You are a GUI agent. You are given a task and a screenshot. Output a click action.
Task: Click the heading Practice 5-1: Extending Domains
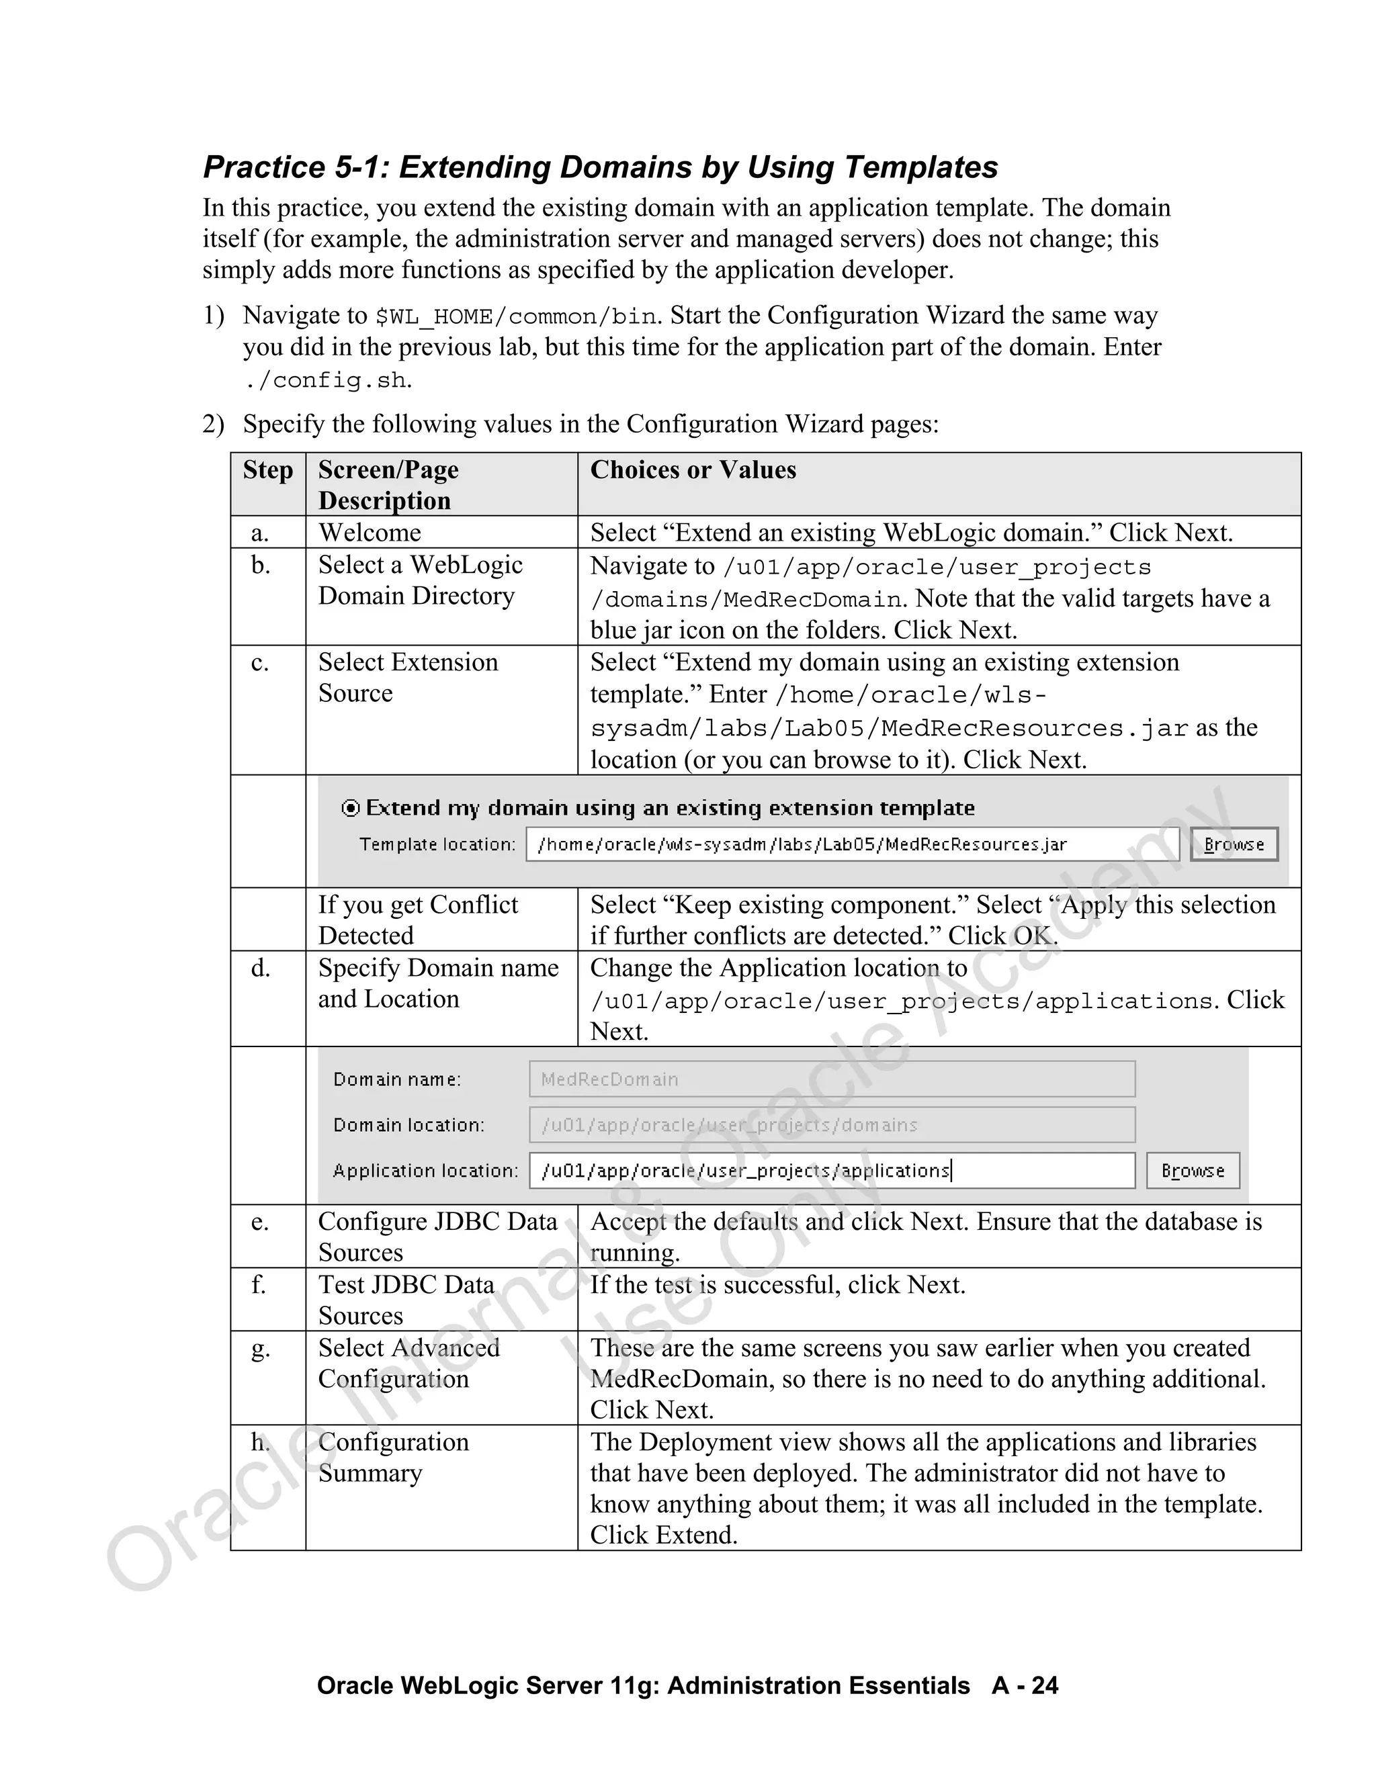(x=600, y=167)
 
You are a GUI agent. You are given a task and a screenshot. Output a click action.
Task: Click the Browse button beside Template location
(x=1234, y=844)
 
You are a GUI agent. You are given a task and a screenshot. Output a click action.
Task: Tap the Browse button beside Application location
(x=1193, y=1170)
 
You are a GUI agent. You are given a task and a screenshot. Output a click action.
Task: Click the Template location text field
(x=852, y=844)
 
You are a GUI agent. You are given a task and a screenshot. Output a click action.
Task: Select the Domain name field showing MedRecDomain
(x=832, y=1079)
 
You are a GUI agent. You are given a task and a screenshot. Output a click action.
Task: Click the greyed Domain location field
(x=832, y=1124)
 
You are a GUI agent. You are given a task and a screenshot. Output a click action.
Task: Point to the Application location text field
(x=832, y=1170)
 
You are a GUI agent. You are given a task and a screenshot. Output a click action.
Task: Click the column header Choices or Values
(x=693, y=470)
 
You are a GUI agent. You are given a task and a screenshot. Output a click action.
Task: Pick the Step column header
(x=267, y=470)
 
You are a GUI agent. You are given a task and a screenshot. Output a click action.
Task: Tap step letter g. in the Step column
(x=260, y=1349)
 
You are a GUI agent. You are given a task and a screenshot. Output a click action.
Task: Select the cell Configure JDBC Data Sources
(x=438, y=1237)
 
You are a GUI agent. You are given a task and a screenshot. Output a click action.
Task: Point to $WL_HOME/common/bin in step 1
(x=515, y=316)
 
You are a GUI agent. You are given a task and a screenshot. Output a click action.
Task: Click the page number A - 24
(x=1025, y=1685)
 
